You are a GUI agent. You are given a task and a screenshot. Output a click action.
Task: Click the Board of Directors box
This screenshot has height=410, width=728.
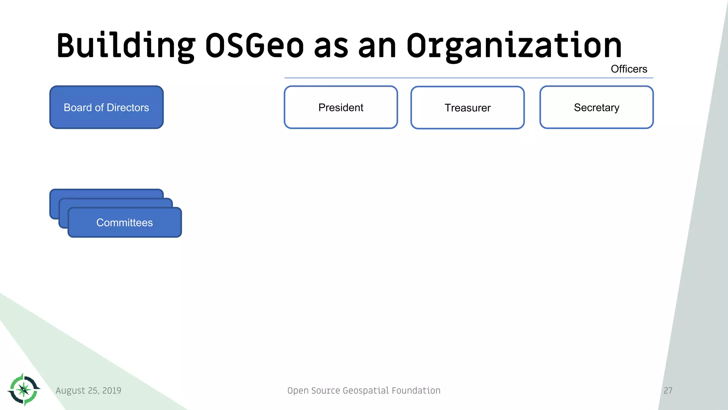106,107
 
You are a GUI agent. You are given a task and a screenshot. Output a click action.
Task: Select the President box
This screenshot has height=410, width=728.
341,107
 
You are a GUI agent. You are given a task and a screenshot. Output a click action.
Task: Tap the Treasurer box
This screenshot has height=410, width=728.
467,107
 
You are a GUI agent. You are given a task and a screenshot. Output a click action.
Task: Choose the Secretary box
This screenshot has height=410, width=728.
596,107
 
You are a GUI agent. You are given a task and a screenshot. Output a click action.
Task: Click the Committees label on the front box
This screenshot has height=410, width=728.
124,222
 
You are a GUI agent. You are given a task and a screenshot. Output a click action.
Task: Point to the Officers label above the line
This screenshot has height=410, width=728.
628,69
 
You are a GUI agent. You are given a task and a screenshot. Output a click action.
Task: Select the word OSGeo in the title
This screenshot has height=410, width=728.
255,46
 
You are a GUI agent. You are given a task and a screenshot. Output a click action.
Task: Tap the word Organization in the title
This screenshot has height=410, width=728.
514,46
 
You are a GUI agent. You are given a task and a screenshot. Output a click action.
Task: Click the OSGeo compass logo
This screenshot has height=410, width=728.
24,389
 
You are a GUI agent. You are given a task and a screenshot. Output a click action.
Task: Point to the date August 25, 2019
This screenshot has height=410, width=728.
88,390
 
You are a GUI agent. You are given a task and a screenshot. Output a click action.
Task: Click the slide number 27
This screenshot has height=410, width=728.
668,390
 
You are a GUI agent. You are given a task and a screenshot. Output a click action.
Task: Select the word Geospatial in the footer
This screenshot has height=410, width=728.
366,390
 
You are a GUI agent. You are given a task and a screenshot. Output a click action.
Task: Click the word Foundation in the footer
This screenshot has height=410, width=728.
416,390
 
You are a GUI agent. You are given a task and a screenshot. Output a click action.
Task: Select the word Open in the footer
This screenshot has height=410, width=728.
298,390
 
